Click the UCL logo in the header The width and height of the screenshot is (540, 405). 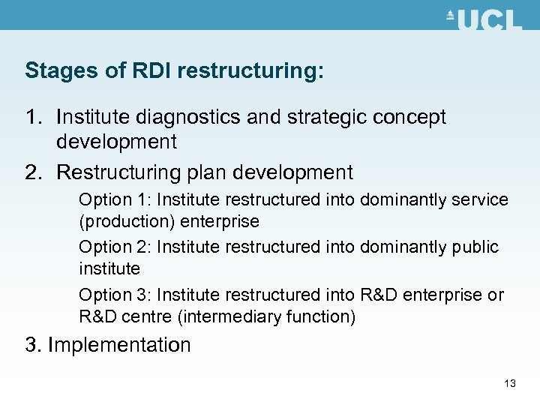[484, 19]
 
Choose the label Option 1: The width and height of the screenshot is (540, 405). [106, 199]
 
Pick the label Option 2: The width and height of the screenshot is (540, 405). [106, 247]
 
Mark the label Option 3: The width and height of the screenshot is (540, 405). [106, 295]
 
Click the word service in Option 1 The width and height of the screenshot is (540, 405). [480, 199]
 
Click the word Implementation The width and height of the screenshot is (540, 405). [120, 345]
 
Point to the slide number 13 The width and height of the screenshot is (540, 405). [510, 384]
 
